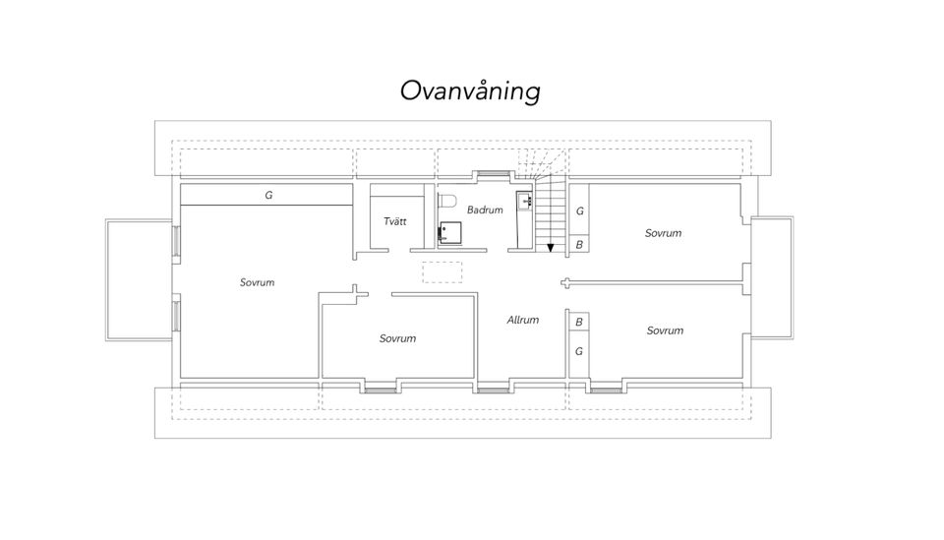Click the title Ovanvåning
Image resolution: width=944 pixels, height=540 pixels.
pyautogui.click(x=470, y=91)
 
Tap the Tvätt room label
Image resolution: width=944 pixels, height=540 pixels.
pyautogui.click(x=395, y=221)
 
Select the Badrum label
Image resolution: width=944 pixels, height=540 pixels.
pyautogui.click(x=485, y=210)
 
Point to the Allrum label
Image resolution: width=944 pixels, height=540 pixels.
pyautogui.click(x=522, y=321)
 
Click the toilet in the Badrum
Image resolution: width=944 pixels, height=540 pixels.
pyautogui.click(x=447, y=200)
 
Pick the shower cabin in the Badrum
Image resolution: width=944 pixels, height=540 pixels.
pyautogui.click(x=449, y=233)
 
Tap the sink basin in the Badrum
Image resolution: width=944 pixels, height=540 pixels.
pyautogui.click(x=524, y=201)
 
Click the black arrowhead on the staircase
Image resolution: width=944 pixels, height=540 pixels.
pyautogui.click(x=551, y=248)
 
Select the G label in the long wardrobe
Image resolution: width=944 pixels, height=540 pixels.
pyautogui.click(x=268, y=195)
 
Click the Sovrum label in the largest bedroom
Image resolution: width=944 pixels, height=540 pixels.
pyautogui.click(x=257, y=282)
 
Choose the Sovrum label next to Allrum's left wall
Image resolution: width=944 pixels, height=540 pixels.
pyautogui.click(x=397, y=338)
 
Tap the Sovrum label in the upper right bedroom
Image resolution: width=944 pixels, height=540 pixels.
pyautogui.click(x=663, y=233)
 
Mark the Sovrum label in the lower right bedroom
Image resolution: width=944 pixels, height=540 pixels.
pyautogui.click(x=665, y=330)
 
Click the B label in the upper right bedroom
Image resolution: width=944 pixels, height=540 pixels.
pyautogui.click(x=579, y=245)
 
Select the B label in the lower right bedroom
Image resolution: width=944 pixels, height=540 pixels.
pyautogui.click(x=579, y=322)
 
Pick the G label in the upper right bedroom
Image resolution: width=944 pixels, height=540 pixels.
pyautogui.click(x=580, y=211)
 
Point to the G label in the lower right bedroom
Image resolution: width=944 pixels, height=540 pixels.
pyautogui.click(x=579, y=351)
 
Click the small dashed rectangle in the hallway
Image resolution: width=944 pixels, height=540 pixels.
pyautogui.click(x=442, y=272)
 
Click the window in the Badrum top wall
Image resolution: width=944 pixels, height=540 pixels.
pyautogui.click(x=493, y=174)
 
